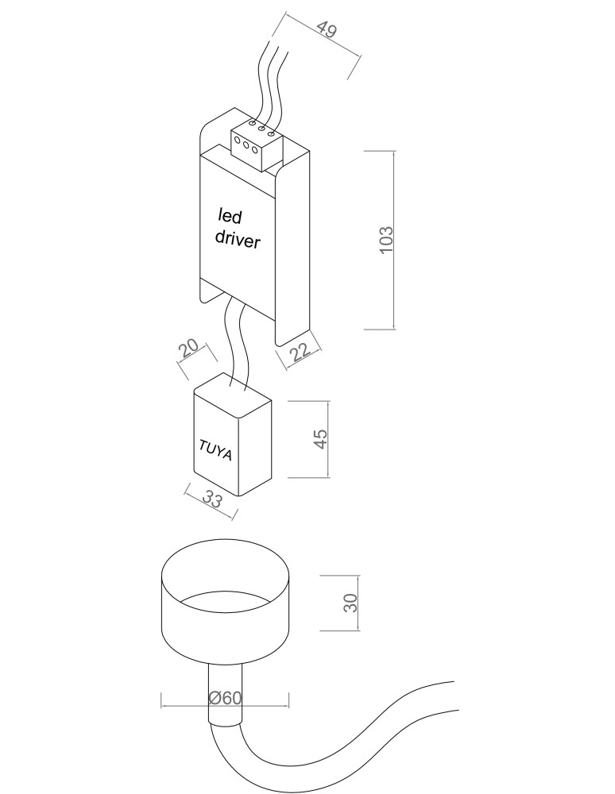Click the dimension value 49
tap(327, 30)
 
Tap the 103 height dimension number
tap(386, 240)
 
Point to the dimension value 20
tap(188, 349)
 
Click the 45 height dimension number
tap(321, 439)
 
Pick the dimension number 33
tap(212, 500)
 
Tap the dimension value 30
tap(350, 603)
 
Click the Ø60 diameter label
tap(226, 698)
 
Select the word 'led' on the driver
tap(230, 217)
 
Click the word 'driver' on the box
tap(238, 239)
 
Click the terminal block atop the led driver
tap(257, 145)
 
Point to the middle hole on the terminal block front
tap(246, 145)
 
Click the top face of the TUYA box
tap(233, 395)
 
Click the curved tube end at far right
tap(454, 696)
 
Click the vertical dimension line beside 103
tap(393, 240)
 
